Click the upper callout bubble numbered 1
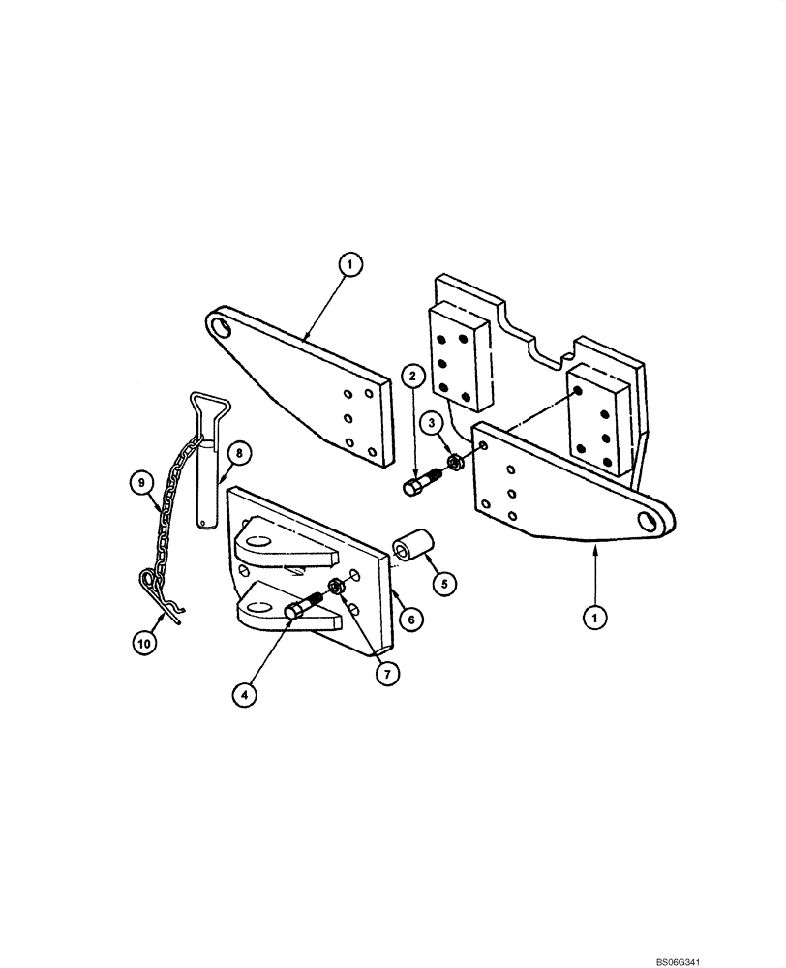click(350, 261)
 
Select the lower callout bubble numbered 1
click(596, 615)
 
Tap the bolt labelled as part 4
click(307, 607)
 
